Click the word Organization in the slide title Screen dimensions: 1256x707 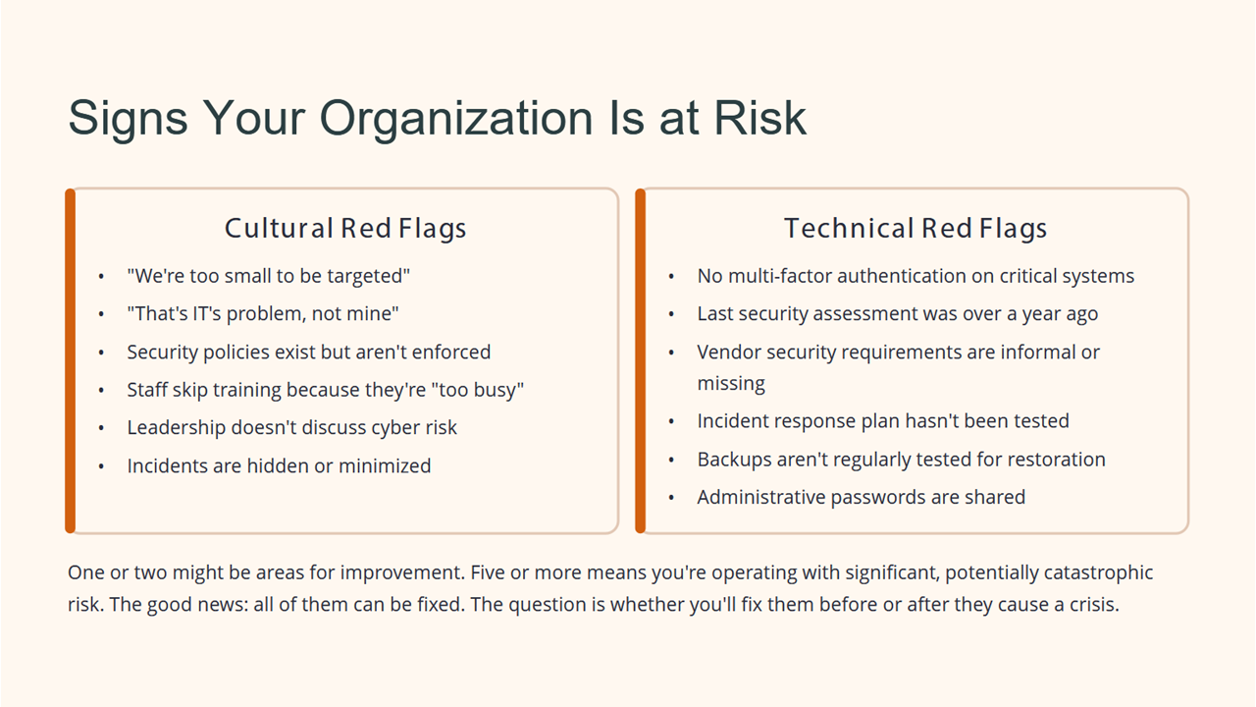[456, 119]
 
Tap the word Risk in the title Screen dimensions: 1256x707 [759, 118]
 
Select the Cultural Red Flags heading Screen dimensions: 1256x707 [345, 229]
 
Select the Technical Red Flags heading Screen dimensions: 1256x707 [916, 229]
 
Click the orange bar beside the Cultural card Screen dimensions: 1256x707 [70, 360]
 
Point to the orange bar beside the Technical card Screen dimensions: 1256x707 [641, 360]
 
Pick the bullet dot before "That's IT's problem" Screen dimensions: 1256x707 [101, 314]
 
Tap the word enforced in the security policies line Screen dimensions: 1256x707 [451, 352]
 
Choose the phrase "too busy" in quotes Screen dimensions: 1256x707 [477, 390]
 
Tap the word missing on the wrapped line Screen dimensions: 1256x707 [731, 384]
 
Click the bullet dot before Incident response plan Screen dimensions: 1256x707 [671, 421]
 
